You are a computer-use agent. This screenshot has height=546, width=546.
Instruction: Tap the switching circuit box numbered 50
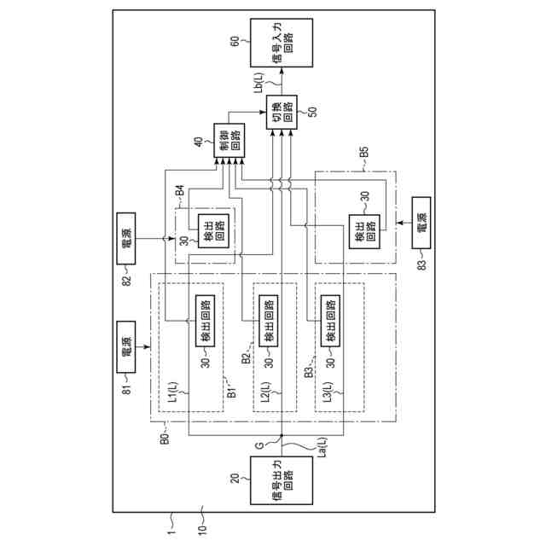(x=281, y=112)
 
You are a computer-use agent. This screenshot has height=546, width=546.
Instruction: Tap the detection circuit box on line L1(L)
(x=205, y=322)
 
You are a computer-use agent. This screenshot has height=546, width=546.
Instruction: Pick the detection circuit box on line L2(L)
(x=266, y=322)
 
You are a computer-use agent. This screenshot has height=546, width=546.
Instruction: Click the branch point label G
(x=260, y=444)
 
